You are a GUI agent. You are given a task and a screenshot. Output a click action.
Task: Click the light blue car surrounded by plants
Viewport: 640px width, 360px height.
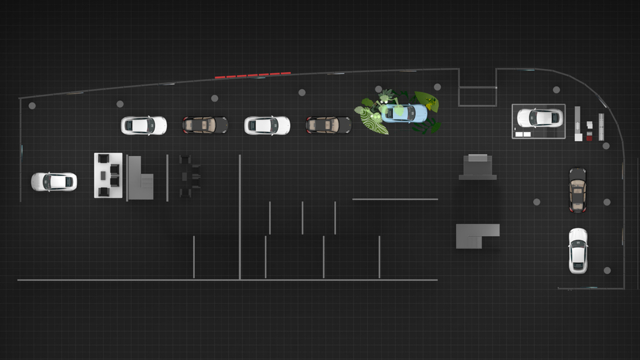click(x=404, y=113)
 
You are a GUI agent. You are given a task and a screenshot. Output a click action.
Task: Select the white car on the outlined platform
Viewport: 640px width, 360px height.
click(x=540, y=118)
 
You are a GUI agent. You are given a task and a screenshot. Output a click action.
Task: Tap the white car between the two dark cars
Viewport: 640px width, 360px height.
click(x=267, y=125)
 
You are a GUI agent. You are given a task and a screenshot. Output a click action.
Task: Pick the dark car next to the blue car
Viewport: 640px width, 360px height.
click(x=329, y=125)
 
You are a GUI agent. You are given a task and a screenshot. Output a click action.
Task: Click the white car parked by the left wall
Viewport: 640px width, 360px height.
click(x=54, y=181)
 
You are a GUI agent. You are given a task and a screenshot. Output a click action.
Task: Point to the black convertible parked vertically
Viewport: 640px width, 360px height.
click(x=577, y=190)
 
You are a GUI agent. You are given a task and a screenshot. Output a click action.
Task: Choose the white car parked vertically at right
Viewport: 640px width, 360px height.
click(x=578, y=250)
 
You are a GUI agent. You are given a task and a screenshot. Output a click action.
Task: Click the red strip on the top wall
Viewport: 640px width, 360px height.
click(x=253, y=76)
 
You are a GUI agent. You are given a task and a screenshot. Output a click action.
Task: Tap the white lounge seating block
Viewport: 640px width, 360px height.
click(x=108, y=175)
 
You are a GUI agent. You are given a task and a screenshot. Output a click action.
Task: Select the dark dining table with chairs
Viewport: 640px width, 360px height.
click(x=186, y=176)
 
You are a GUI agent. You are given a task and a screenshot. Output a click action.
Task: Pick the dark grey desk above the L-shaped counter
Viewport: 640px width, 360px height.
click(x=478, y=167)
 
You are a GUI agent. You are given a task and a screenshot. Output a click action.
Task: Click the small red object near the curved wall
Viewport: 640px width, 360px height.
click(x=589, y=138)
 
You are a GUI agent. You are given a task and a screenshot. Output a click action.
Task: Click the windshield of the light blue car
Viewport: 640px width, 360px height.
click(x=396, y=112)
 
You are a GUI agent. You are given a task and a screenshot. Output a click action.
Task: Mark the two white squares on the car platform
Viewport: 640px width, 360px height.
click(x=522, y=134)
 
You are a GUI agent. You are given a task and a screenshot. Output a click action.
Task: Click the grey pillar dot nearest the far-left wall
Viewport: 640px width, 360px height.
click(x=32, y=106)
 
